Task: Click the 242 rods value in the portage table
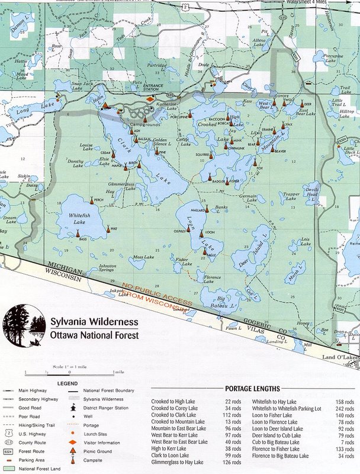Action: click(343, 408)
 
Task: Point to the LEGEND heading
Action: click(63, 383)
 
